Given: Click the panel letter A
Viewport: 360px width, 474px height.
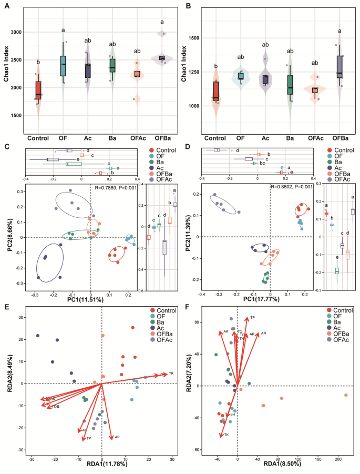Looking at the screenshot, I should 7,6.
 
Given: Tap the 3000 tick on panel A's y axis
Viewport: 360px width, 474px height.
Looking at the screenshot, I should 15,32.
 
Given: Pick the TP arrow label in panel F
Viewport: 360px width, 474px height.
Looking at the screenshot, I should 252,318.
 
